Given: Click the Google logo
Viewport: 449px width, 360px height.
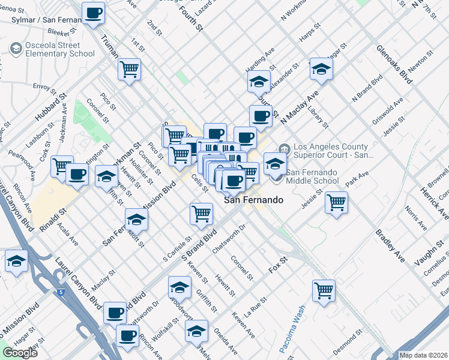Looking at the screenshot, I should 20,353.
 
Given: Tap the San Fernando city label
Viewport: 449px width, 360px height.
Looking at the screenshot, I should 253,200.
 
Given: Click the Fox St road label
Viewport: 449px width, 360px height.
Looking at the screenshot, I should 279,263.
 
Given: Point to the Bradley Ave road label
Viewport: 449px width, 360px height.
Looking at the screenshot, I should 390,245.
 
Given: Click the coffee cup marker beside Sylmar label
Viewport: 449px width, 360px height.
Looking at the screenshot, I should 94,13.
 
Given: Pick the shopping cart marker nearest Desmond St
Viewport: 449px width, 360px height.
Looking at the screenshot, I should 324,291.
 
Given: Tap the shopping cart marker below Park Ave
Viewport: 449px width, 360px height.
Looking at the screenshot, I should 337,202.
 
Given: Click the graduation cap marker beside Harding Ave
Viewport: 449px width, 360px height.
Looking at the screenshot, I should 259,81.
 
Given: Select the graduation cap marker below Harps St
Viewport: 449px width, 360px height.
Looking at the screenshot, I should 321,69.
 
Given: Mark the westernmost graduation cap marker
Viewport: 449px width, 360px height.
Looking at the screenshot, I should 16,261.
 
